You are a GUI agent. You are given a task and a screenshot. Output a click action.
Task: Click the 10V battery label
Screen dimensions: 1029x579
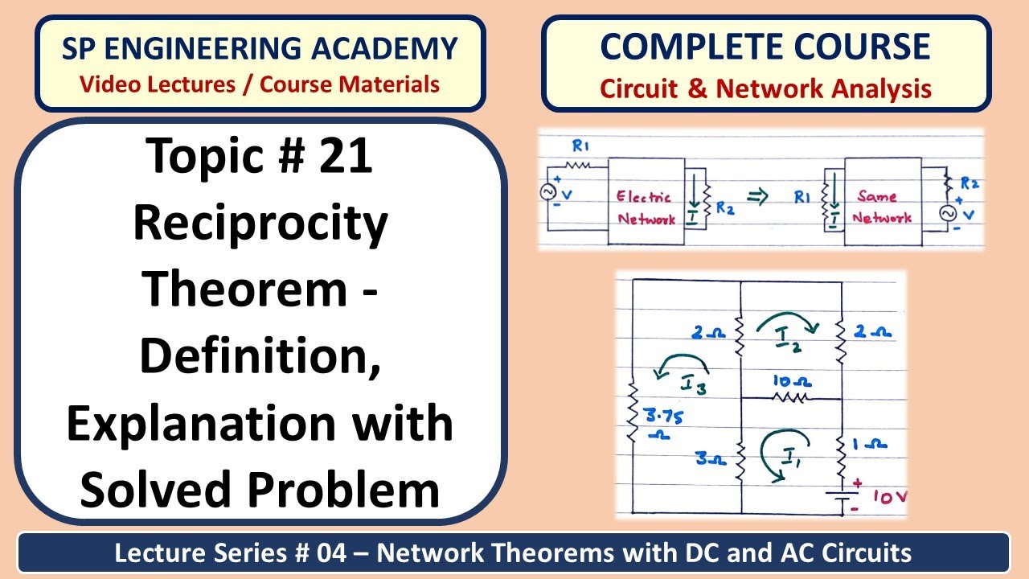point(888,498)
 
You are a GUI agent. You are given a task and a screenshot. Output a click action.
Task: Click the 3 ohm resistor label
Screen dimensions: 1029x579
point(711,460)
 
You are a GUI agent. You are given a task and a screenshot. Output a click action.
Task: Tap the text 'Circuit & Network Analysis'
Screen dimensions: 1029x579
point(765,88)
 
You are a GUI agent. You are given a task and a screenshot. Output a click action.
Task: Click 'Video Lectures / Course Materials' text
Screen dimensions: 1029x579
point(260,84)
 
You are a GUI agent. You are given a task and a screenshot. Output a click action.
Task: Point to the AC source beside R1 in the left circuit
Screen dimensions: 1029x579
point(551,194)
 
